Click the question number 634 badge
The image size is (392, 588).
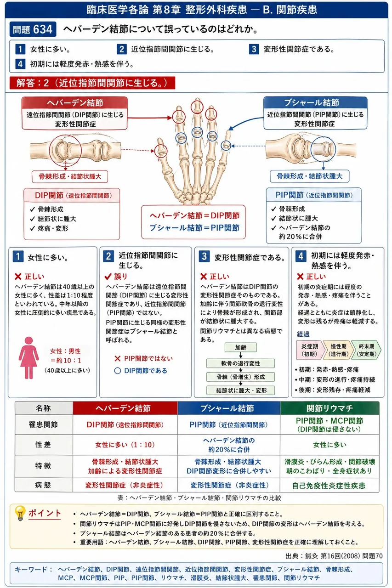(33, 29)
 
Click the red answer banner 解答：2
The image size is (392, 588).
(92, 83)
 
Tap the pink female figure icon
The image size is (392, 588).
(28, 358)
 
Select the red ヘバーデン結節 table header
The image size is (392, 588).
(125, 408)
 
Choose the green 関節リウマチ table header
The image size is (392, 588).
(330, 408)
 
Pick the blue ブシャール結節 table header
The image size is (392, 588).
(229, 408)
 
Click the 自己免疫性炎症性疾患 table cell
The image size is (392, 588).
(330, 486)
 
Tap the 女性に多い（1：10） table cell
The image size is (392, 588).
(125, 445)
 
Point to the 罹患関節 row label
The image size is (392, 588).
(44, 424)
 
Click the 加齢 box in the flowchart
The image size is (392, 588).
(241, 348)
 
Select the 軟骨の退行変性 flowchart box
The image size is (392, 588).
(240, 363)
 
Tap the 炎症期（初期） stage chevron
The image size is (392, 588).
(310, 350)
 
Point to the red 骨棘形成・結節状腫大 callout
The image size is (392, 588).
(70, 176)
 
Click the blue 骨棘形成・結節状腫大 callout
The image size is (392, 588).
(310, 176)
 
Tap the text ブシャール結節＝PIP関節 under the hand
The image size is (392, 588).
(194, 227)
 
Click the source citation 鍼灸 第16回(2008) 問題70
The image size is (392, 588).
(334, 556)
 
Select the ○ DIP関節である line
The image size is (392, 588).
(141, 371)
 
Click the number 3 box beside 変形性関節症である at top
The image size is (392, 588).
(254, 49)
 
